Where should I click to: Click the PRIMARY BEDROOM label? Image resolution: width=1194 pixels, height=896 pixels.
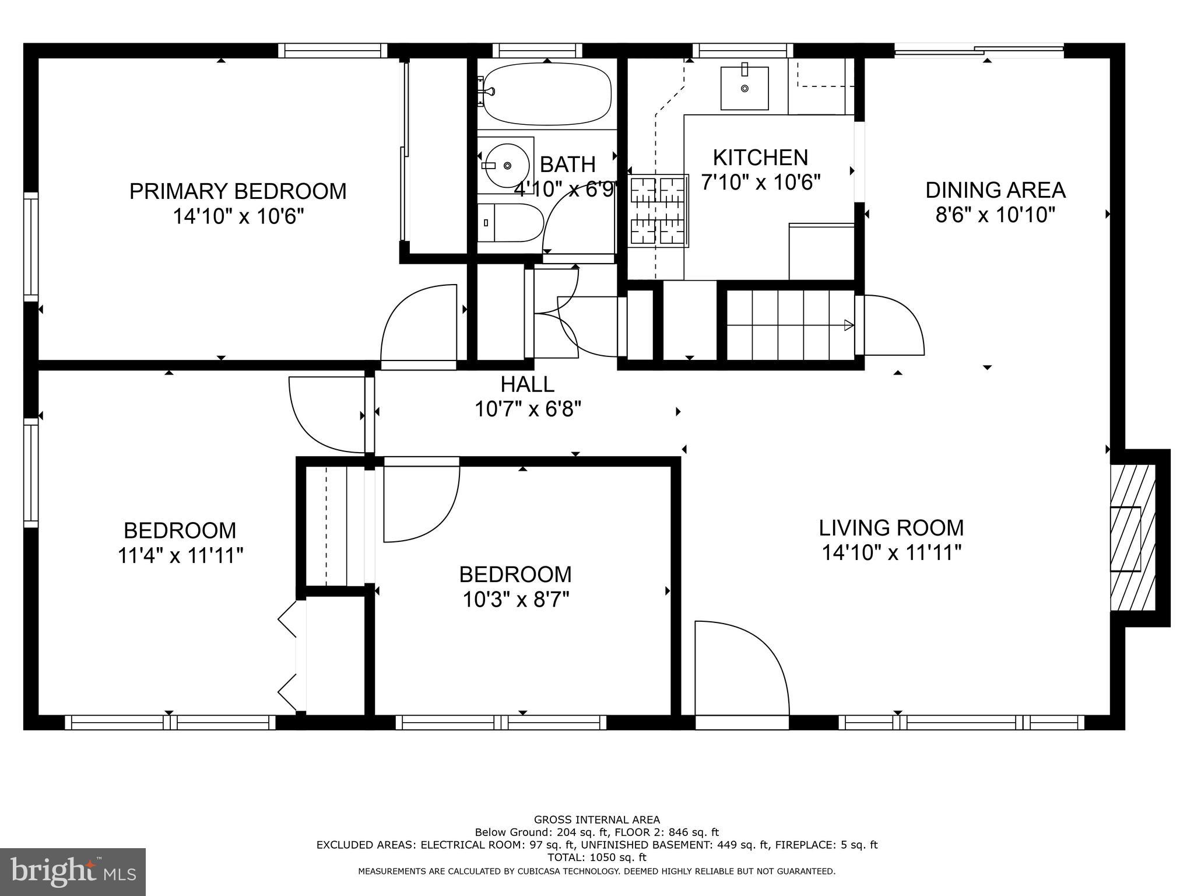click(238, 191)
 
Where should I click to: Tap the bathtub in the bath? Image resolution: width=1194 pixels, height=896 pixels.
click(546, 94)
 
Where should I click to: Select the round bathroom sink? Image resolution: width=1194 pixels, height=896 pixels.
click(507, 166)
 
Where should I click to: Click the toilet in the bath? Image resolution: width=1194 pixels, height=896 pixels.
click(511, 222)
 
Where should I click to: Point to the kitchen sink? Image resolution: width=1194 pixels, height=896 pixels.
click(744, 88)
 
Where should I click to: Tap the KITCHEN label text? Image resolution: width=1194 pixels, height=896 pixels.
click(760, 157)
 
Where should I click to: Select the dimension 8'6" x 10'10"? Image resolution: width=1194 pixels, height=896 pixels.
click(995, 215)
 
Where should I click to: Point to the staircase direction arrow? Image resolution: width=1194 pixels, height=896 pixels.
click(849, 325)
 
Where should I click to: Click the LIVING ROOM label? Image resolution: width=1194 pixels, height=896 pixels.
click(891, 527)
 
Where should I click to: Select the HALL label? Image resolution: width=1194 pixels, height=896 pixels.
click(527, 384)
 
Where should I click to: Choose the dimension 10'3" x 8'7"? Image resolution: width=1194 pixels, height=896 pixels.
click(515, 600)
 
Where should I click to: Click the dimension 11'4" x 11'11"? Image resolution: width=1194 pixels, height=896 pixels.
click(180, 555)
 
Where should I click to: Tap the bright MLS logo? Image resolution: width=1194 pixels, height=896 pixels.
click(73, 871)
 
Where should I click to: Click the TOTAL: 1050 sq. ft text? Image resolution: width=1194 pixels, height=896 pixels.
click(596, 857)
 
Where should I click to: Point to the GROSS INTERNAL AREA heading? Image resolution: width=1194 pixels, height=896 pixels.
click(596, 820)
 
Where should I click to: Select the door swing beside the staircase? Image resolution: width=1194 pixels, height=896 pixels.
click(892, 325)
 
